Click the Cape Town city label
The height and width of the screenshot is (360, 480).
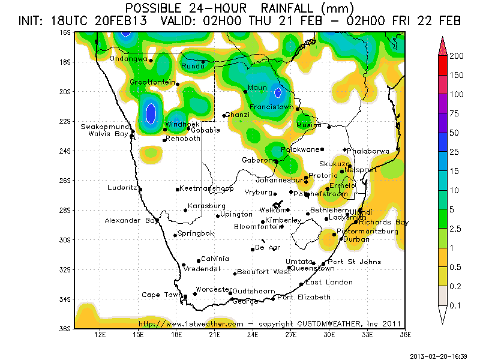(161, 295)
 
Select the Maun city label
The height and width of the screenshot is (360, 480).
(257, 88)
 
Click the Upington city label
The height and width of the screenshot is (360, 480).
(236, 214)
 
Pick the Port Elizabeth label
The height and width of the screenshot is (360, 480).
(304, 297)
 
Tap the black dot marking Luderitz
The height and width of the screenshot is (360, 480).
(140, 189)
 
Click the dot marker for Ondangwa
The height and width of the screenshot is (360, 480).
(151, 61)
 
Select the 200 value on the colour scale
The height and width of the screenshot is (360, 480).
(457, 56)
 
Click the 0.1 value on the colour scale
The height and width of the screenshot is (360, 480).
(457, 305)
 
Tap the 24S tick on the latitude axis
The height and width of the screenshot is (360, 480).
(65, 151)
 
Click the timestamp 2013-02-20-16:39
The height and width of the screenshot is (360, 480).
(439, 356)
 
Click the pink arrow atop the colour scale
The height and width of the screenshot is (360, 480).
(443, 44)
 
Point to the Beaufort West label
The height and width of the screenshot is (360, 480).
(263, 272)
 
